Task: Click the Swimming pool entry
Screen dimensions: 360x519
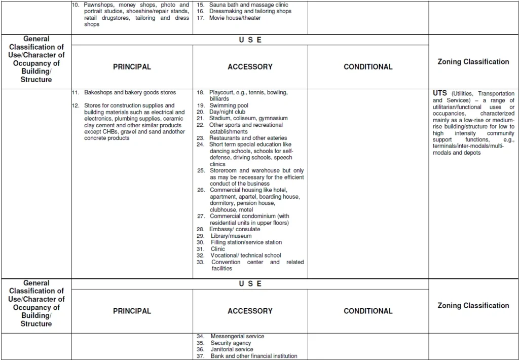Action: point(229,105)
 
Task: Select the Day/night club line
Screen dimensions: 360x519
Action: point(228,112)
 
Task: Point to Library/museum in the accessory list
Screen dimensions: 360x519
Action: point(231,236)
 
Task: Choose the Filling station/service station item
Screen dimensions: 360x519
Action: point(246,242)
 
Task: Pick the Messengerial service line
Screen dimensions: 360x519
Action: point(237,336)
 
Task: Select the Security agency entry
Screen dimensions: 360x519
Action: point(231,343)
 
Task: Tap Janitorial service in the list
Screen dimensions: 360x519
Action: point(232,349)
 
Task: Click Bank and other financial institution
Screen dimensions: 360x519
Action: point(254,356)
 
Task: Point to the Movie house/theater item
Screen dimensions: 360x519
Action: point(235,18)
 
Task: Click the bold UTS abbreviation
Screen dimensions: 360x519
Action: point(440,93)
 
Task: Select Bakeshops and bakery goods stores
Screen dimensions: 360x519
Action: point(130,92)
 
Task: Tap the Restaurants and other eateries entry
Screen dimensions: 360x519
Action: point(248,138)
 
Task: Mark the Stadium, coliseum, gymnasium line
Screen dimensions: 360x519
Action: point(248,118)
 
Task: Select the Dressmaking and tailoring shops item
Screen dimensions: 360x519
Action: point(250,11)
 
